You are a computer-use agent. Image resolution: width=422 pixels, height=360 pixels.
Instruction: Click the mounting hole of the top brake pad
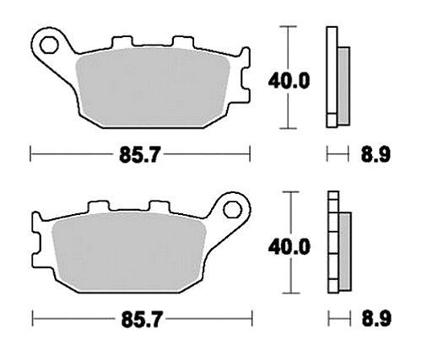point(49,45)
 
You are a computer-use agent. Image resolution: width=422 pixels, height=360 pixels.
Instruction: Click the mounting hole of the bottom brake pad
point(233,209)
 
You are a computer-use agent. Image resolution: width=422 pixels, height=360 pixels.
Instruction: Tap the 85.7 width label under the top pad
point(139,155)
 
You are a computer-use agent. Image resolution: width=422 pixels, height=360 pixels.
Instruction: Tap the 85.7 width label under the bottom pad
point(142,320)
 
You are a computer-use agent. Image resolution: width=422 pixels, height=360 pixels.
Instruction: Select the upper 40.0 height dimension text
point(289,81)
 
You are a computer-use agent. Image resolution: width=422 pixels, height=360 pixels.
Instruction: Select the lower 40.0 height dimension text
point(289,247)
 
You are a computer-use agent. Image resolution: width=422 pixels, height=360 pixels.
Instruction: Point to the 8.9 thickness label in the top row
point(376,154)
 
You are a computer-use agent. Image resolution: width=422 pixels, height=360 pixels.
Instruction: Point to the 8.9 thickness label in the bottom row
point(376,319)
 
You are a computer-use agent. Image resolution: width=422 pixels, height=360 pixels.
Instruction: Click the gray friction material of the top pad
point(153,87)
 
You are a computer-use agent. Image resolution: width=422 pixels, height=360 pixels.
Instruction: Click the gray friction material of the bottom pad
point(129,251)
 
